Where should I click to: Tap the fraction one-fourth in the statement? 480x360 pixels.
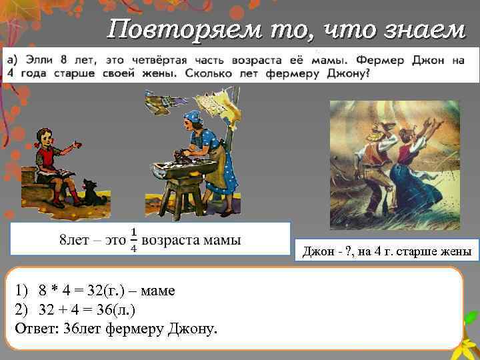(134, 239)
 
